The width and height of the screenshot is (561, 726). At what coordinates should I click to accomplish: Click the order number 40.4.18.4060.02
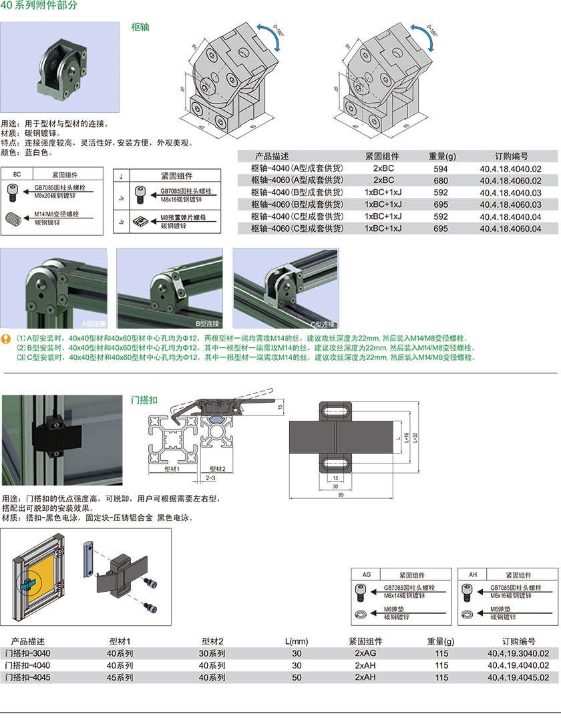click(510, 180)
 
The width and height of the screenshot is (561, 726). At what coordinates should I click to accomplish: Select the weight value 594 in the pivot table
click(441, 169)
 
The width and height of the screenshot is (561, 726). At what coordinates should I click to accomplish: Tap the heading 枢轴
click(140, 28)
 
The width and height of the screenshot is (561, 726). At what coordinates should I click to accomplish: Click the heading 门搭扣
click(144, 400)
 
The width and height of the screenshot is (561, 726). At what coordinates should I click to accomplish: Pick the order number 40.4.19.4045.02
click(518, 677)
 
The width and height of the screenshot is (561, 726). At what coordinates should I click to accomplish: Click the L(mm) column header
click(297, 641)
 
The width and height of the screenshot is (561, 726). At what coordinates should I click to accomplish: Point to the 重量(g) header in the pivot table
click(441, 156)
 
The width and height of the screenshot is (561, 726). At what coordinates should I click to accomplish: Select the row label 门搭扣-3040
click(27, 653)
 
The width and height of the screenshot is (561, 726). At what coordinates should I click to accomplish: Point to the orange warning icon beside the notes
click(6, 339)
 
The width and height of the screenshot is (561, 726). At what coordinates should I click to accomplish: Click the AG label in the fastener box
click(366, 574)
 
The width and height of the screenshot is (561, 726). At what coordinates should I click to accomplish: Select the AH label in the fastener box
click(473, 574)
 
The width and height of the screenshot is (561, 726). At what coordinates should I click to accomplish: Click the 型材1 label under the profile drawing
click(174, 468)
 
